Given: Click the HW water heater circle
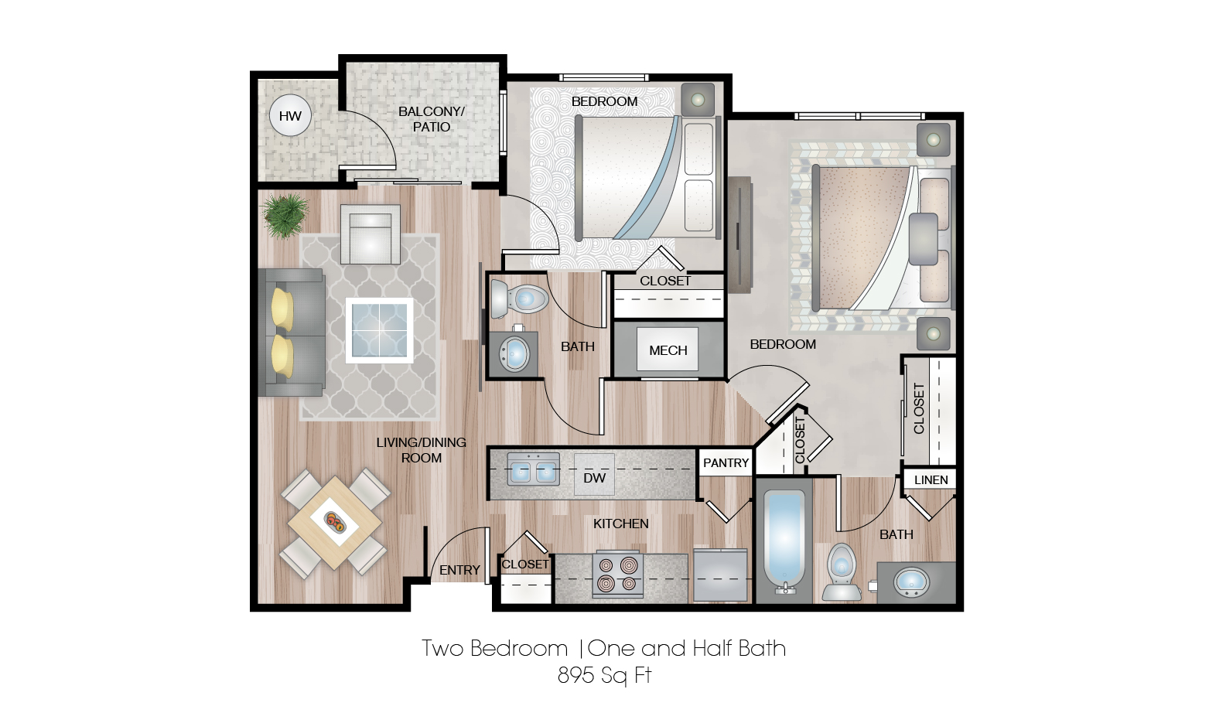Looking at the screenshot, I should click(290, 116).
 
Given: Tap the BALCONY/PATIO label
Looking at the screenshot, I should click(431, 119).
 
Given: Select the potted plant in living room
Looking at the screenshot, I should click(285, 214).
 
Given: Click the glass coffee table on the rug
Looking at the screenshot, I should click(379, 329).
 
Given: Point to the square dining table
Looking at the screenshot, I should click(334, 523).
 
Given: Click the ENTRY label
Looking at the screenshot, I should click(459, 570).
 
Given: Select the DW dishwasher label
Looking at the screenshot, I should click(594, 478).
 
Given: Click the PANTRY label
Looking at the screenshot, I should click(726, 462).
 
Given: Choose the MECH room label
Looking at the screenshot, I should click(668, 350).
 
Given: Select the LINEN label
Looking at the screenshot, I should click(931, 479).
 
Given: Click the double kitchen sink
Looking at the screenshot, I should click(533, 470).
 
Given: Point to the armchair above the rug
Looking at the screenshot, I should click(371, 234).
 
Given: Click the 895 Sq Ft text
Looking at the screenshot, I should click(604, 675).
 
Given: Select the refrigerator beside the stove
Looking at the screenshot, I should click(720, 575).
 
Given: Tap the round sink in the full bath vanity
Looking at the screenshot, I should click(911, 582).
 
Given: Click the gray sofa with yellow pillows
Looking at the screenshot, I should click(290, 333).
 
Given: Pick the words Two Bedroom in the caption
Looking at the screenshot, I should click(495, 648).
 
